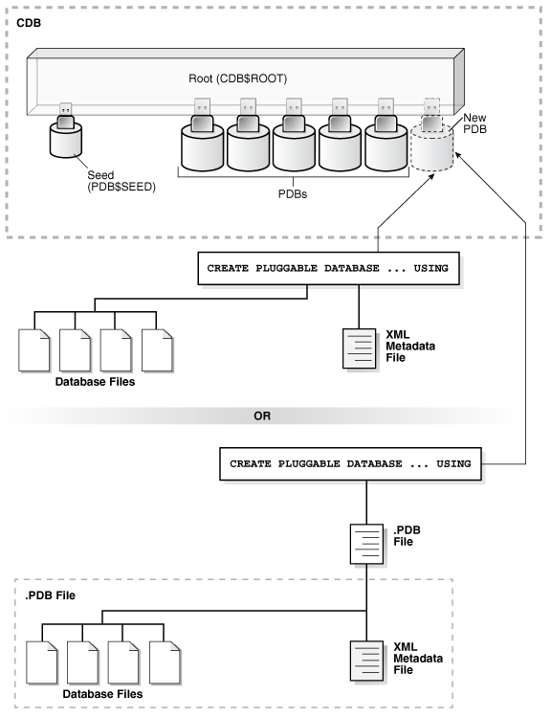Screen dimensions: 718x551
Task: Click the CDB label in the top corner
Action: [x=29, y=20]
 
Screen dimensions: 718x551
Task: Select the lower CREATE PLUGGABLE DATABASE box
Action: [x=350, y=462]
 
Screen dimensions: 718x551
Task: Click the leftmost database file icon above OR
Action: [x=34, y=352]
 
